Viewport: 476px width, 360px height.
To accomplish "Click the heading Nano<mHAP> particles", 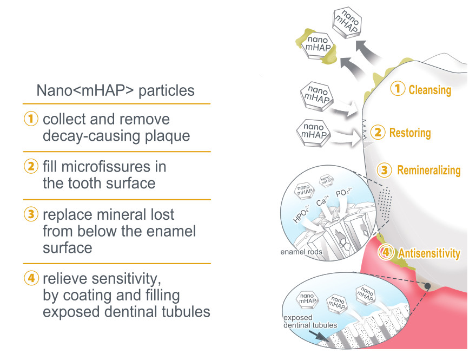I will click(115, 90).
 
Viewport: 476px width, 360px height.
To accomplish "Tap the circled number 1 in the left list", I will click(31, 119).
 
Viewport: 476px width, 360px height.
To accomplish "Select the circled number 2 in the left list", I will click(31, 167).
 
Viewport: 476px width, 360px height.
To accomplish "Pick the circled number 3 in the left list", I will click(31, 215).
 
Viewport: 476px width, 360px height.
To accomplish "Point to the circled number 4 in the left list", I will click(31, 279).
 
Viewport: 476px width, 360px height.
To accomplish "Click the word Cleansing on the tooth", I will click(429, 90).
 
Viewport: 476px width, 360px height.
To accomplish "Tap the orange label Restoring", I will click(410, 133).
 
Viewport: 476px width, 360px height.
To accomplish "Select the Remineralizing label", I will click(429, 171).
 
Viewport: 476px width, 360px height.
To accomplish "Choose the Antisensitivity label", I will click(429, 253).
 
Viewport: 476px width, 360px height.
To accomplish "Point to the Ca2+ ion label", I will click(323, 202).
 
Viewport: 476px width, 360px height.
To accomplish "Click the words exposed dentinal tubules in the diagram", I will click(310, 321).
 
